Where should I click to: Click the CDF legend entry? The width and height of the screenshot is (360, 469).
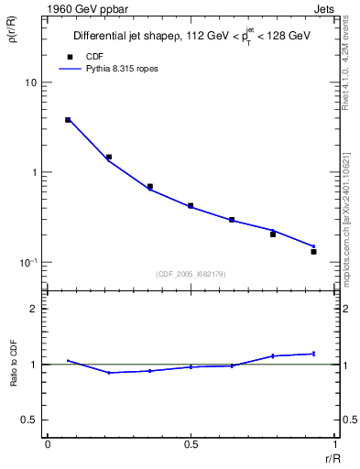(94, 56)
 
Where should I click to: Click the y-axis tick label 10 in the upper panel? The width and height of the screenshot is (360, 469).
(30, 82)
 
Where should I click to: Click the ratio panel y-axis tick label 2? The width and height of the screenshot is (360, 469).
(33, 309)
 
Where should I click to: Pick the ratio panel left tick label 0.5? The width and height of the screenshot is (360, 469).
(28, 420)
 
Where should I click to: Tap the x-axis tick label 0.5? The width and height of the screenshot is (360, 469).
(191, 443)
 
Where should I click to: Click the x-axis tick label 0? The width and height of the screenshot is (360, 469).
(48, 443)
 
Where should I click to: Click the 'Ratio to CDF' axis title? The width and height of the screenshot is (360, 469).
(14, 377)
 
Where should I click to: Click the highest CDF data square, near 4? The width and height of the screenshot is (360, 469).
(68, 120)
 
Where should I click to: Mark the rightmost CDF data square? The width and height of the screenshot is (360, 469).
(313, 251)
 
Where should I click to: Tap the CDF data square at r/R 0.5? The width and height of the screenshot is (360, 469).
(191, 206)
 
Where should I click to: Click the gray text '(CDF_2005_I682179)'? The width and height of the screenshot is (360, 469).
(191, 274)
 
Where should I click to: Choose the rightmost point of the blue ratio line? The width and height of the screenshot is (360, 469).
(313, 354)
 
